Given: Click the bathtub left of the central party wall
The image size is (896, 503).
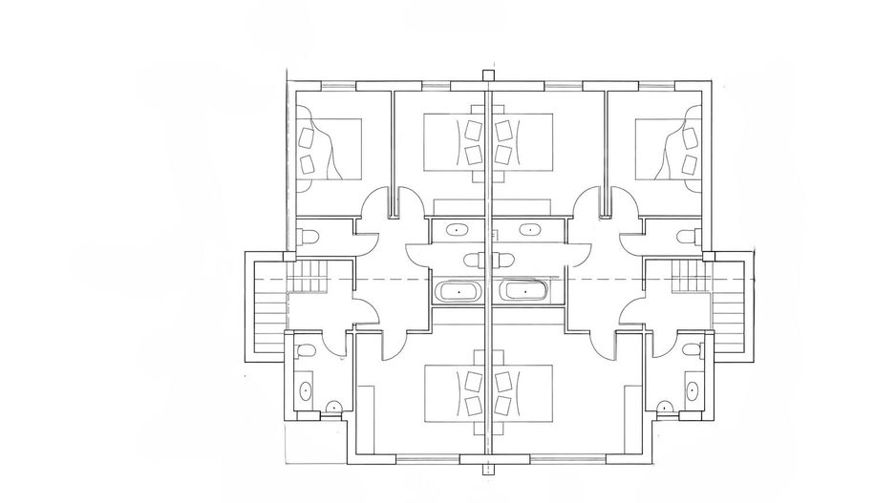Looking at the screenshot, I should point(459,290).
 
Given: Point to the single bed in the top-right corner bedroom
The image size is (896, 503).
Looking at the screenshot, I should point(669,149).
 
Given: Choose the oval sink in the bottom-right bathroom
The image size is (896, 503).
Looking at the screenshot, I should point(690,389).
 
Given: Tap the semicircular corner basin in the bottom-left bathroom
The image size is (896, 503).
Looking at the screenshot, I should point(332,409).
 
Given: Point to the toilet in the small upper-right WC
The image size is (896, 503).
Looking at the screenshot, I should point(683,236).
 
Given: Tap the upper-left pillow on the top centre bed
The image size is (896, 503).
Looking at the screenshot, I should point(472,128).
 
